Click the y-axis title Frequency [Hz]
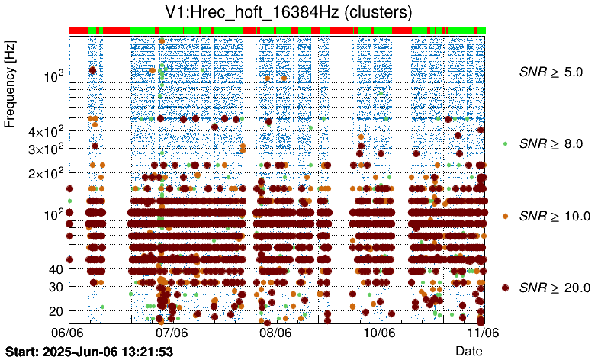point(10,85)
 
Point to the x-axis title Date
point(469,350)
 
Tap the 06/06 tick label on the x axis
point(67,333)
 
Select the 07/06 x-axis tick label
point(172,333)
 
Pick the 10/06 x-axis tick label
point(379,333)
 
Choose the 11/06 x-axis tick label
point(483,333)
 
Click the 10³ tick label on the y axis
point(53,76)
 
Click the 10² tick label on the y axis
point(53,214)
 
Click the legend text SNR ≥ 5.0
point(551,72)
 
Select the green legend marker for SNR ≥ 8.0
point(505,143)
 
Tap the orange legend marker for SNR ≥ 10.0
point(505,216)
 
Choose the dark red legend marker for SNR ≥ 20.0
point(505,288)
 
